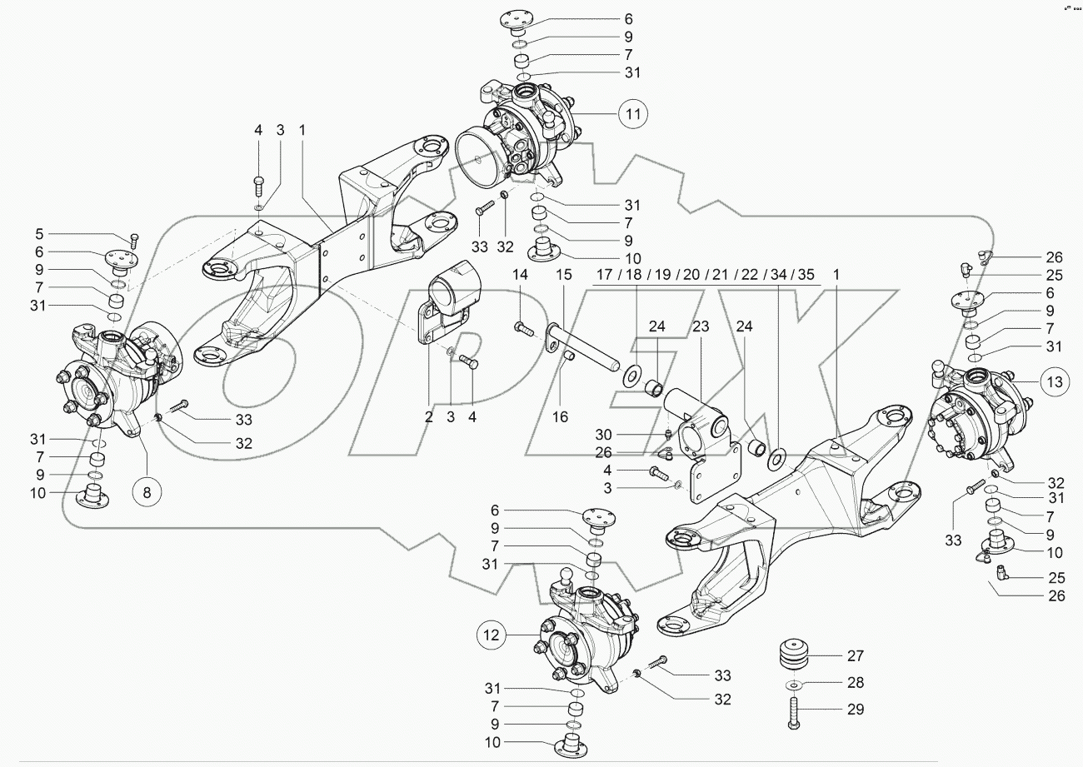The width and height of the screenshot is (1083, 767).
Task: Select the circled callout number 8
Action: click(x=147, y=491)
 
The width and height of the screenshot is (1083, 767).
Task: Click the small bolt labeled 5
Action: click(x=133, y=242)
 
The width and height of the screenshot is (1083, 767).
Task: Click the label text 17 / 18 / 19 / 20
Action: click(x=640, y=274)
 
